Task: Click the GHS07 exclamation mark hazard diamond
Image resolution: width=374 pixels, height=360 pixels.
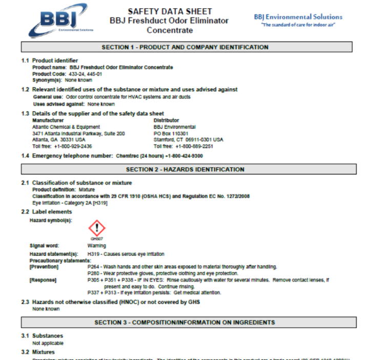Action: pyautogui.click(x=97, y=228)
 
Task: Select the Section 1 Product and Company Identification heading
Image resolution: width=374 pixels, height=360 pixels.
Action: pyautogui.click(x=185, y=47)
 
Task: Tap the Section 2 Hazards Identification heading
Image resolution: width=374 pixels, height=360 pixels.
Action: pyautogui.click(x=185, y=169)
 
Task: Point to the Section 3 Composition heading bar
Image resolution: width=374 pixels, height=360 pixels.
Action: pyautogui.click(x=185, y=323)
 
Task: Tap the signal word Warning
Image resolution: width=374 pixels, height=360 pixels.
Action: pyautogui.click(x=97, y=246)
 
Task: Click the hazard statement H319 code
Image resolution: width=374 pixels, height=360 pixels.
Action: pyautogui.click(x=93, y=254)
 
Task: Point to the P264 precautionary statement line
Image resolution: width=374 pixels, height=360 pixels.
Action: pyautogui.click(x=182, y=267)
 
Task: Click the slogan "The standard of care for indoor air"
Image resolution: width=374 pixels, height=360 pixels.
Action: pyautogui.click(x=298, y=25)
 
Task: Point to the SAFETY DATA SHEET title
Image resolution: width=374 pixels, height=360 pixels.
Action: pyautogui.click(x=170, y=11)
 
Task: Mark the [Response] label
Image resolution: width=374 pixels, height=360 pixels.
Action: pyautogui.click(x=43, y=280)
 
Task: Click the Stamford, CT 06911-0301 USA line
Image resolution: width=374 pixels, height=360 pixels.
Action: pyautogui.click(x=188, y=139)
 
